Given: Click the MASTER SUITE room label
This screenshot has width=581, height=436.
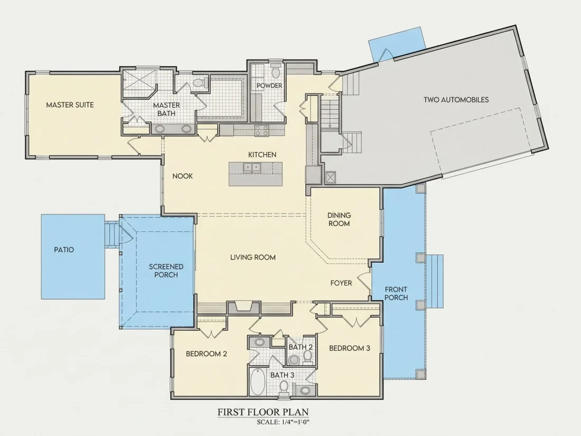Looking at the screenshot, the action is click(70, 105).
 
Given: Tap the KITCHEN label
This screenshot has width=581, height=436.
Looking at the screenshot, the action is click(262, 155).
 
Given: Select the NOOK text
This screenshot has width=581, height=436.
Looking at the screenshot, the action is click(182, 176).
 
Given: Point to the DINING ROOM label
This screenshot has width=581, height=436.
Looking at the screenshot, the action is click(339, 219).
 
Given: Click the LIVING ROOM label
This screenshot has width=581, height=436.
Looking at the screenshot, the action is click(252, 257).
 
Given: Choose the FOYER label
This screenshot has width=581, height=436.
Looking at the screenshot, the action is click(341, 283).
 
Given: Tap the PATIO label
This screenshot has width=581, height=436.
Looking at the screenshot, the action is click(64, 250).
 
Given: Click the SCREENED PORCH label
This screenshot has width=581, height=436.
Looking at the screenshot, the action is click(166, 271).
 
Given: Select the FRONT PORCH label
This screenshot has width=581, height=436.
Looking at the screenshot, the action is click(396, 293).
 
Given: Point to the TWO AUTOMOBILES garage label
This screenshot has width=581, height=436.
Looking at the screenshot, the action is click(456, 100).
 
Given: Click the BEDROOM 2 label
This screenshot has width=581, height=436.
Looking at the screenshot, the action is click(207, 354).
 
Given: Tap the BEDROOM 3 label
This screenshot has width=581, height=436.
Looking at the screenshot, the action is click(350, 348).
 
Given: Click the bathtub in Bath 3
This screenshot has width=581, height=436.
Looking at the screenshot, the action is click(256, 382).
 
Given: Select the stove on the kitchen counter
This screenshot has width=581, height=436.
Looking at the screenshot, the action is click(261, 131).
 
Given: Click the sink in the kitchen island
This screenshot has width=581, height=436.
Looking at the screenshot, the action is click(252, 168).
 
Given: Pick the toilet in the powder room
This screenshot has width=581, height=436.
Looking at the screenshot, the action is click(275, 71).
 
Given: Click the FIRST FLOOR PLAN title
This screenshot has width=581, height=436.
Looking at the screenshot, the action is click(263, 412).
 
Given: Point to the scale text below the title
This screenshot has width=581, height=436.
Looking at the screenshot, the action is click(283, 422).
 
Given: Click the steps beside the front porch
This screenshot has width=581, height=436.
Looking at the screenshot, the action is click(435, 281).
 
